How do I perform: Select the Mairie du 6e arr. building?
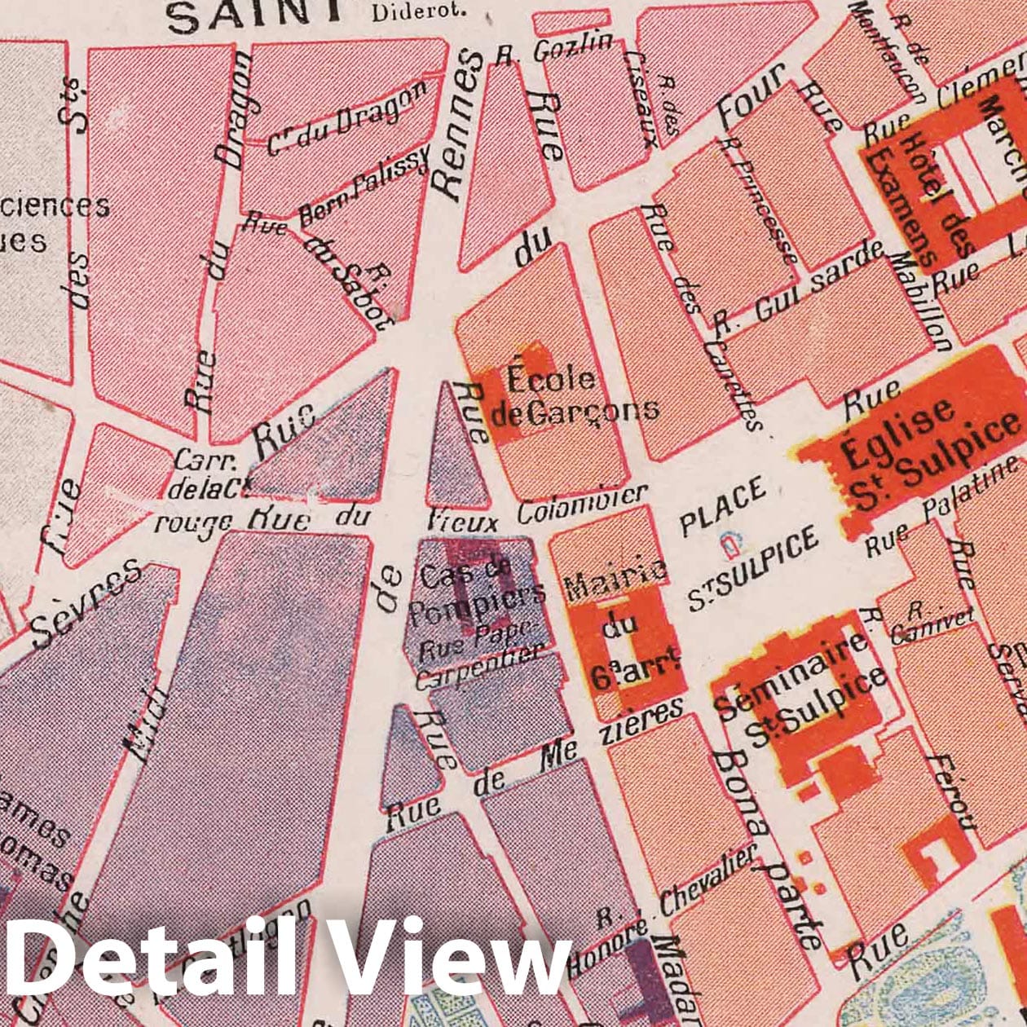pos(624,640)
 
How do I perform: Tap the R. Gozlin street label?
pos(554,51)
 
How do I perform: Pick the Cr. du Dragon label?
pos(346,119)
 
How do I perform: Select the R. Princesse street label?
pos(758,200)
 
